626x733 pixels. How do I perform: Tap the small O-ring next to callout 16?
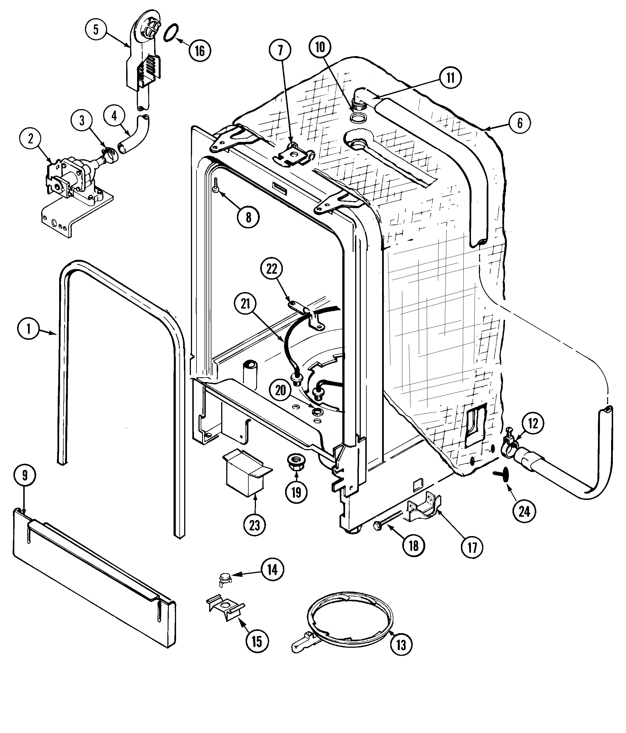coord(171,33)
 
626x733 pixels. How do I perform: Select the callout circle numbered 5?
coord(96,29)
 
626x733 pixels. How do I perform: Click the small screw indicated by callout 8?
coord(215,185)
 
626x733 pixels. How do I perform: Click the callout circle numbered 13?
coord(401,645)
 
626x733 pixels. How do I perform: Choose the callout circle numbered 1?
coord(28,329)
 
